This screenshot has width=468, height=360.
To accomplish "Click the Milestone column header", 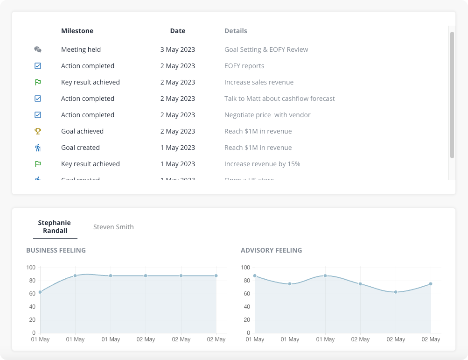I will click(77, 31).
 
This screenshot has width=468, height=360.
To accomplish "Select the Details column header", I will click(236, 31).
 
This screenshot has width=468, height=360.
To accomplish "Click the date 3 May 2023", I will click(177, 49).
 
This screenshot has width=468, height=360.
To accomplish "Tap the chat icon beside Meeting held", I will click(38, 49).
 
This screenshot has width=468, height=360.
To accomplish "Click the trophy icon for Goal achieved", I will click(38, 131).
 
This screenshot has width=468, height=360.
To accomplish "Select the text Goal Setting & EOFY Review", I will click(266, 49).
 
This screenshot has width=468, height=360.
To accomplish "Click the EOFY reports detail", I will click(244, 66).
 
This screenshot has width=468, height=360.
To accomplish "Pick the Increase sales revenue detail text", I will click(259, 82).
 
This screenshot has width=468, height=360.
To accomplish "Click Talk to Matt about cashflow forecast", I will click(279, 99).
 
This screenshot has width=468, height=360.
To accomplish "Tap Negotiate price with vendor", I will click(267, 115).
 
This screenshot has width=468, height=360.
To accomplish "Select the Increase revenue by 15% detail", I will click(262, 164).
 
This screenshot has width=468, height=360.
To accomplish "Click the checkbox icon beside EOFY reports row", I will click(38, 66).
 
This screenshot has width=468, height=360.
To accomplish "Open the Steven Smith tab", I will click(113, 227).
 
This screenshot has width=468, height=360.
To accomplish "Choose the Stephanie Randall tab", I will click(54, 227).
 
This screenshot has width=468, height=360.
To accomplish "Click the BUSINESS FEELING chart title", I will click(56, 250).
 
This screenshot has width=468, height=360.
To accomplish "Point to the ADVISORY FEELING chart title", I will click(271, 250).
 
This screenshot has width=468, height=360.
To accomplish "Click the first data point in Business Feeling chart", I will click(40, 292).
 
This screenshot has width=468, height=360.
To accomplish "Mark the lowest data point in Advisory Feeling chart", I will click(396, 292).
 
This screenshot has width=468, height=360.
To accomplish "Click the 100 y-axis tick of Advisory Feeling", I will click(245, 268).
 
